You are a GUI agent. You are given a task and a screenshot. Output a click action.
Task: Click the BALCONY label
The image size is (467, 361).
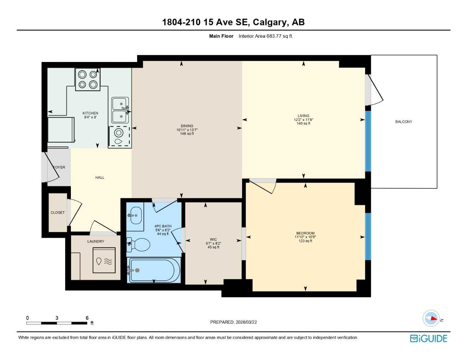click(x=404, y=122)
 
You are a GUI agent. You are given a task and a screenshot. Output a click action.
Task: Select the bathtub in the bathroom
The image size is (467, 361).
click(x=154, y=270)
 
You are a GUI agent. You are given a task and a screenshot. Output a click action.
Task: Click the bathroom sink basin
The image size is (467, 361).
click(x=136, y=215)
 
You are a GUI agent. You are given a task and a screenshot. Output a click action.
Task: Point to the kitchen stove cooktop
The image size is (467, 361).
click(x=88, y=79)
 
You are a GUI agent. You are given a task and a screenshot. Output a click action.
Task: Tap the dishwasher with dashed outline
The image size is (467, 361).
click(x=119, y=136)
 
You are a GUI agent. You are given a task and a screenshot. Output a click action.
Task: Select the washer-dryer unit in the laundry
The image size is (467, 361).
click(x=104, y=261)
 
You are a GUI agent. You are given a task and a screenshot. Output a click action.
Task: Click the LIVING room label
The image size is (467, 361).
click(x=303, y=116)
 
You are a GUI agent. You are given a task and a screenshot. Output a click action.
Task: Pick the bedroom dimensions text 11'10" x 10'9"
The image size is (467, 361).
click(x=305, y=237)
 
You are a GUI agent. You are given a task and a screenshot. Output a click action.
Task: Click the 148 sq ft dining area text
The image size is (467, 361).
click(x=187, y=134)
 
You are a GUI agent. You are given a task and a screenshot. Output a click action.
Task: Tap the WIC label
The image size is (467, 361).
click(x=213, y=239)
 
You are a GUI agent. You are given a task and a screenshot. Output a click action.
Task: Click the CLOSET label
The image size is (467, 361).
click(x=57, y=213)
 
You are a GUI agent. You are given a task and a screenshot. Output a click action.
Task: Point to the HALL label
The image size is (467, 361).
click(x=100, y=178)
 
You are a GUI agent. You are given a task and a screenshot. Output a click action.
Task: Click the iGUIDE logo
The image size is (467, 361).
click(x=429, y=338)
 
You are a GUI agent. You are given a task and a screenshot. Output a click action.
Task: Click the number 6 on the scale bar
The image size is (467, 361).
click(x=87, y=318)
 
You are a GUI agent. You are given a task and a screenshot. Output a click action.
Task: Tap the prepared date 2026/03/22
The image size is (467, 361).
click(x=246, y=322)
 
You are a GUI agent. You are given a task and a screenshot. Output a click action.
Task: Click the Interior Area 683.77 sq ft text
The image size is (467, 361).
click(x=265, y=36)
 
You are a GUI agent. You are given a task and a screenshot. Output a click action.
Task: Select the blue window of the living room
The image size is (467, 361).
click(x=368, y=141)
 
